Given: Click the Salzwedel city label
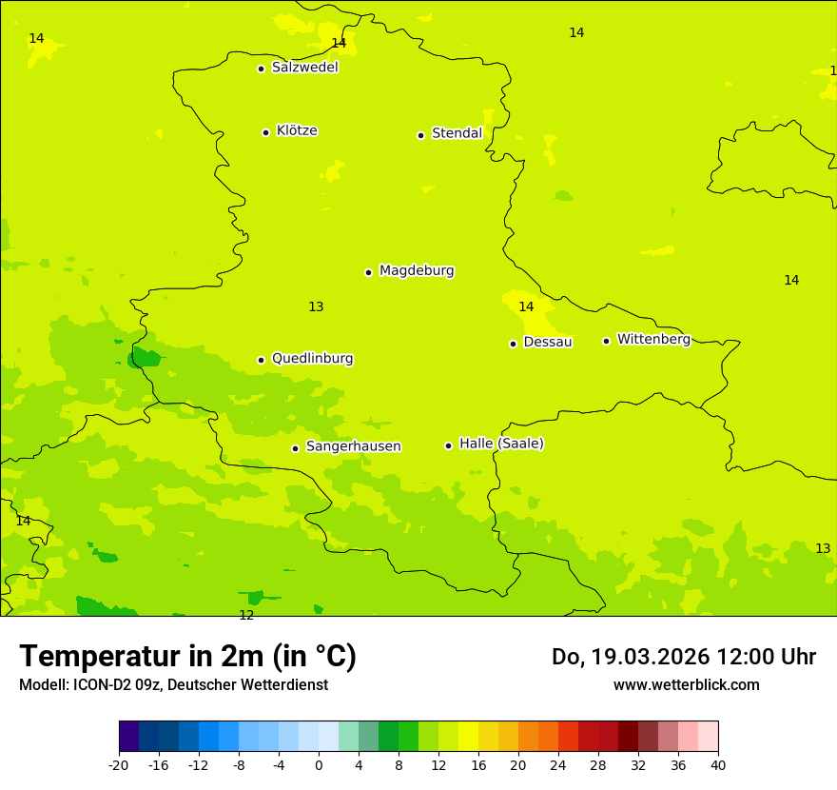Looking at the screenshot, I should pos(304,68).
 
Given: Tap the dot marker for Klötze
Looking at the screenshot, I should pos(265,132).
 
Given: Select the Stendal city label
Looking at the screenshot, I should pos(457,133).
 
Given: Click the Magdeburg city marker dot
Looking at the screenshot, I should pos(368,272).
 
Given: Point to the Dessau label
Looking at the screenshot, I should pos(548,342).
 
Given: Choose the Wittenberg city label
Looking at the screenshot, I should pos(653,339).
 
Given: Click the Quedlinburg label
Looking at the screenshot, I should pos(312,359).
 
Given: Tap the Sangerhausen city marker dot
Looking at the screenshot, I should pos(295,448).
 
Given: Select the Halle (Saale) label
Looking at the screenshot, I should pos(501,444).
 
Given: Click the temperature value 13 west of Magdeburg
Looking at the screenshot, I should pos(316,306).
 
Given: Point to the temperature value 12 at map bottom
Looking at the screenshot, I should pos(246,616).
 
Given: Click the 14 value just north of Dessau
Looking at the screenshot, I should pos(526,306).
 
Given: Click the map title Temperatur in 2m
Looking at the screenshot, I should pos(187,657).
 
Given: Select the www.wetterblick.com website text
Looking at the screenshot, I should pos(686,685).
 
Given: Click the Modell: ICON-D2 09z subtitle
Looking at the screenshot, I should pos(173,685).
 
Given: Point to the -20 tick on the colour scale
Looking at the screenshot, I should pos(119,764).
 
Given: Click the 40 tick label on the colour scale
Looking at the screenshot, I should pos(717,764).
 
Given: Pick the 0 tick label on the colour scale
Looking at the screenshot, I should pos(319,764).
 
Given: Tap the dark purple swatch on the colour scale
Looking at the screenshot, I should pos(128,737).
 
